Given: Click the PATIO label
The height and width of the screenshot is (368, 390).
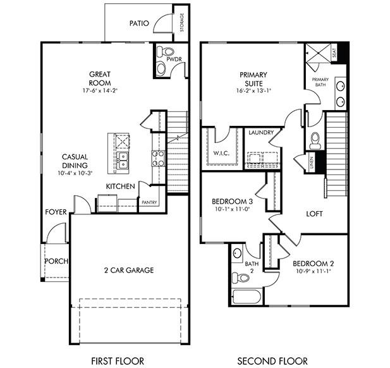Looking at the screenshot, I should click(x=139, y=23).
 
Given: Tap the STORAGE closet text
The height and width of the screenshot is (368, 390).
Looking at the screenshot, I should click(x=182, y=22).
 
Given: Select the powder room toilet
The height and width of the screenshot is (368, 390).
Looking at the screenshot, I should click(x=160, y=51).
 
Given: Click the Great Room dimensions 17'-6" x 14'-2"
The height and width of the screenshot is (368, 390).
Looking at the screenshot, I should click(x=100, y=90).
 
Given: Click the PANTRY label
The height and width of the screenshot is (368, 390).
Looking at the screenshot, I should click(x=149, y=202).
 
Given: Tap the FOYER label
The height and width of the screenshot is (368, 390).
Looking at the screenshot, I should click(x=56, y=212).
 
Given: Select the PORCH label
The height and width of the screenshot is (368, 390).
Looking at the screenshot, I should click(x=56, y=261).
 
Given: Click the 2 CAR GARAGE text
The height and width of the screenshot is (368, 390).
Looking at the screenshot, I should click(x=129, y=270).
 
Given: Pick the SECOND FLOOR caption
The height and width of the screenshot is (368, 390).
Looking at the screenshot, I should click(x=272, y=361).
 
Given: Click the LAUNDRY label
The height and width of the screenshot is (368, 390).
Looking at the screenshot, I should click(x=260, y=133).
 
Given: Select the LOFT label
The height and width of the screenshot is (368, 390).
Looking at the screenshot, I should click(x=315, y=214).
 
